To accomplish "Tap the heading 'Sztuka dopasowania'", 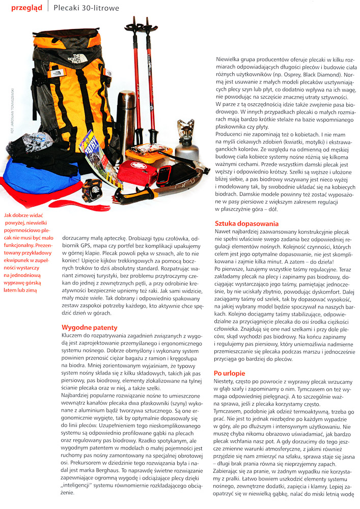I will tap(246, 223).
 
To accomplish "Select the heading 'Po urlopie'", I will tap(230, 373).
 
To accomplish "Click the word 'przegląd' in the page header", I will tap(26, 9).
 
